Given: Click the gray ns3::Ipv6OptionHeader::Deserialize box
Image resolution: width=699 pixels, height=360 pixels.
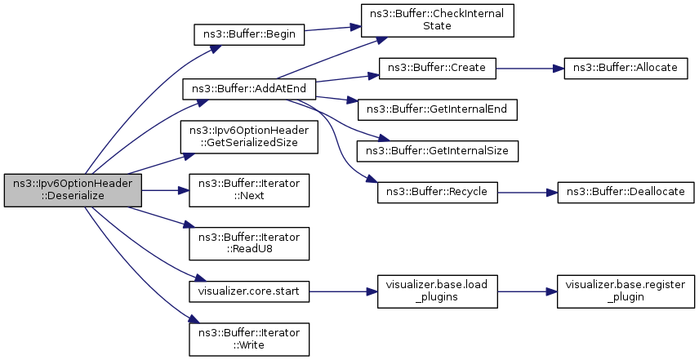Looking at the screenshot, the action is click(73, 190).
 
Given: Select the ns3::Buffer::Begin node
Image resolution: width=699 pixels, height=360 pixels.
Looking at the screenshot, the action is click(249, 34).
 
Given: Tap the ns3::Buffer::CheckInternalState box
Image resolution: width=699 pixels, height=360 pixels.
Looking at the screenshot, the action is click(438, 20).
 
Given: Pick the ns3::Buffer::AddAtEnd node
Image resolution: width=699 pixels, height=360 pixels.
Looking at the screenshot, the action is click(249, 89).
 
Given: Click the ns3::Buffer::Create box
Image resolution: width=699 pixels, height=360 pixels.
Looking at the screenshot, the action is click(437, 69).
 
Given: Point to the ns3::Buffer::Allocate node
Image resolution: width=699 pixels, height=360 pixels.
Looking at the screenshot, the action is click(626, 69).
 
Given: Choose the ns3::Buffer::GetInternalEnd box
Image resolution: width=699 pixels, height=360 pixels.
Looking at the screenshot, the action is click(438, 109).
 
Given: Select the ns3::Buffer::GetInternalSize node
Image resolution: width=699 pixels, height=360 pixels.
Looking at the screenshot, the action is click(438, 151).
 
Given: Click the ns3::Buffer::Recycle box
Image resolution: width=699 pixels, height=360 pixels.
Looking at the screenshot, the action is click(438, 193).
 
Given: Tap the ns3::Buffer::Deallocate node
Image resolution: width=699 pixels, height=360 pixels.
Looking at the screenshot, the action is click(626, 193).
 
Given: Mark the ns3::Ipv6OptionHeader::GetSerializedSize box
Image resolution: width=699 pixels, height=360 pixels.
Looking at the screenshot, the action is click(249, 137).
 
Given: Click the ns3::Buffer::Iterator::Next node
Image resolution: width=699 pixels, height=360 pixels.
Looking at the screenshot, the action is click(249, 190).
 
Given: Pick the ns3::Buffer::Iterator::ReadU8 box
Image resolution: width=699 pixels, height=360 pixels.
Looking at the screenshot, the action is click(249, 244).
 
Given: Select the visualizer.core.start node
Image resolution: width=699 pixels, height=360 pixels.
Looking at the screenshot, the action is click(249, 291).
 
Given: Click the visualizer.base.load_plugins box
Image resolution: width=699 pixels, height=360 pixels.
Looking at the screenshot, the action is click(438, 291).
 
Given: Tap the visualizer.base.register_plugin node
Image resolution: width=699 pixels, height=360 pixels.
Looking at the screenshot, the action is click(626, 291).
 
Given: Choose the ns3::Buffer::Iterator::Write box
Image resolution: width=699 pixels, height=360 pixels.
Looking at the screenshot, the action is click(249, 340).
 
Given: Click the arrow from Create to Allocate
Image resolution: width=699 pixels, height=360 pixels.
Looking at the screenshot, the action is click(530, 69).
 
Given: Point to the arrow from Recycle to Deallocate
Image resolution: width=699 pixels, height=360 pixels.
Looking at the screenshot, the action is click(528, 193).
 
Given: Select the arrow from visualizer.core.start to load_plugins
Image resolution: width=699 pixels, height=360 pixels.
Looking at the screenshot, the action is click(343, 291).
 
